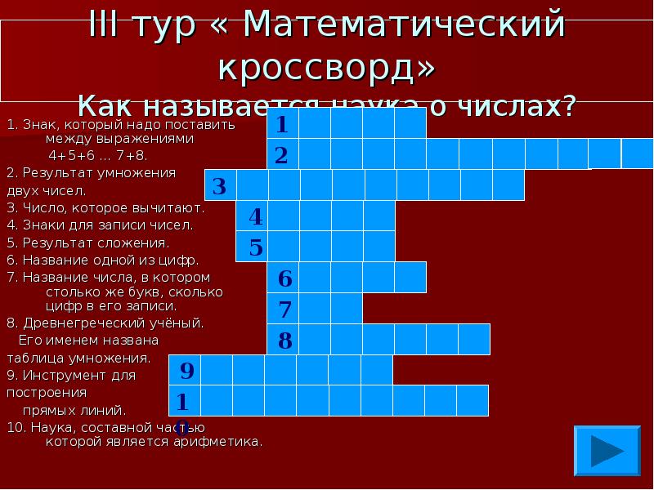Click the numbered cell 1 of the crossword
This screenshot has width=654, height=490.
[x=282, y=124]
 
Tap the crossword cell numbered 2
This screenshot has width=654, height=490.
[x=282, y=155]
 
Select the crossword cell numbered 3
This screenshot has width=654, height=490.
[x=220, y=187]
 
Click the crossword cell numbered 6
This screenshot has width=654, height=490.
[x=283, y=278]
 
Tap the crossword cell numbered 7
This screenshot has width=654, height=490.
[x=283, y=310]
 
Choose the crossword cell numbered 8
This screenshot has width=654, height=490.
[x=283, y=340]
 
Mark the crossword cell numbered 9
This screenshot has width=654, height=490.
[x=185, y=371]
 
